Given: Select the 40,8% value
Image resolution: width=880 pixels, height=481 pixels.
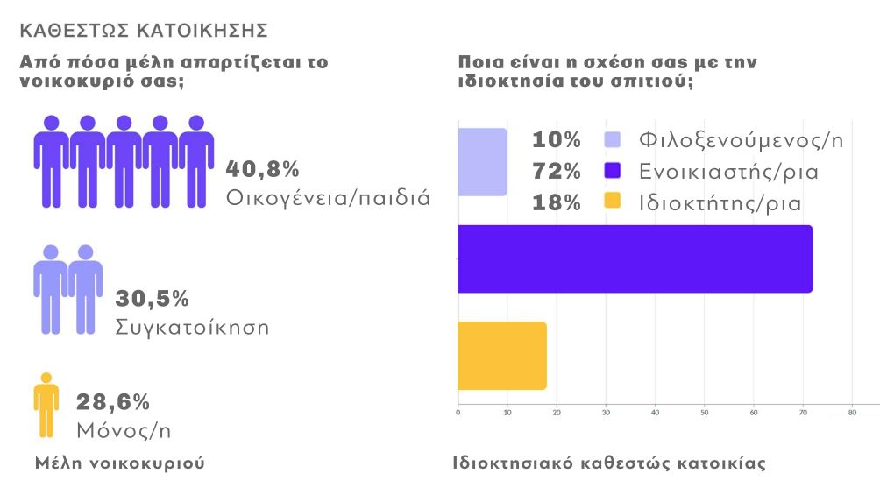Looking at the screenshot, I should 263,168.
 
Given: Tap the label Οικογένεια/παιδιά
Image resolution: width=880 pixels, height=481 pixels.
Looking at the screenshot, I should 328,196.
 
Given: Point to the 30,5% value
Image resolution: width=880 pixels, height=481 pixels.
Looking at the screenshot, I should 152,299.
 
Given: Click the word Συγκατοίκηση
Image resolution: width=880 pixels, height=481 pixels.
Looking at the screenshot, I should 192,328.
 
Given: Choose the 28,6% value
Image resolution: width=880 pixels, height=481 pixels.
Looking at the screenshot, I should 113,402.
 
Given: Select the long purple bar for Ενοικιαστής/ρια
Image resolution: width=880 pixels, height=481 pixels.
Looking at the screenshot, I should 635,259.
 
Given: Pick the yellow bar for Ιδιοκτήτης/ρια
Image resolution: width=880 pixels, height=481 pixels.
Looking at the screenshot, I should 502,356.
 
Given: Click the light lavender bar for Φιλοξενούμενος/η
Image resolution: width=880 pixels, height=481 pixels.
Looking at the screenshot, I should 483,162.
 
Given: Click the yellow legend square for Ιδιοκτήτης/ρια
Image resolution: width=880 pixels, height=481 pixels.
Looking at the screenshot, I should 613,202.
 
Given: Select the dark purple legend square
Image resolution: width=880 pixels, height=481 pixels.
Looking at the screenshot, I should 613,171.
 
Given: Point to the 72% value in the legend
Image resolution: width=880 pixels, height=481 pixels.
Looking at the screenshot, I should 557,172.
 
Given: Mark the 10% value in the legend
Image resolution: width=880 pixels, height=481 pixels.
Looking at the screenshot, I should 557,140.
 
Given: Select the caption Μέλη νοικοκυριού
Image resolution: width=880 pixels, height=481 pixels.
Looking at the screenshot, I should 120,463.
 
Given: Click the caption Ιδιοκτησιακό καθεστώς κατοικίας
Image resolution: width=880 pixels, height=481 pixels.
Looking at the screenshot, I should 609,463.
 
